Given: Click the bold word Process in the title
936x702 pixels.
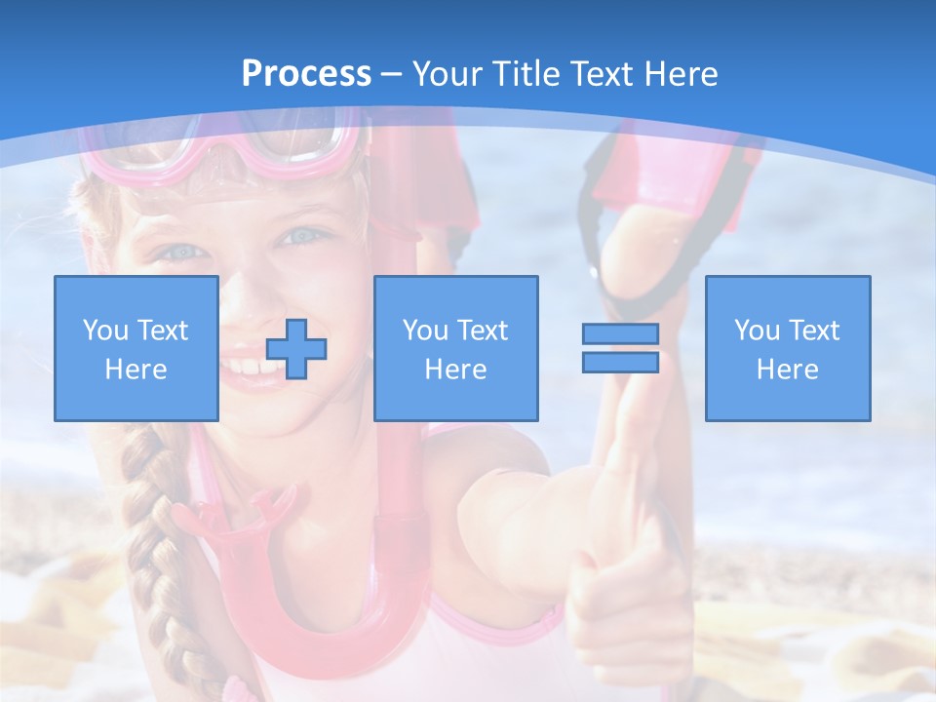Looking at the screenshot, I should tap(306, 74).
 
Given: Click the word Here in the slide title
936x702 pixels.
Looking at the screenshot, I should tap(679, 74).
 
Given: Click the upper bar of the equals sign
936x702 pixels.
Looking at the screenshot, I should tap(620, 334).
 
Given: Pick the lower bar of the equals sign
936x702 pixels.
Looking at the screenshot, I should tap(620, 363).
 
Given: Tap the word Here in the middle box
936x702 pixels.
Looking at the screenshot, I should tap(455, 370).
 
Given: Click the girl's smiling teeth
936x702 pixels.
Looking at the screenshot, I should tap(244, 369).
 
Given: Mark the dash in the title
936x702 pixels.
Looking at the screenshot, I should tap(392, 74).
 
